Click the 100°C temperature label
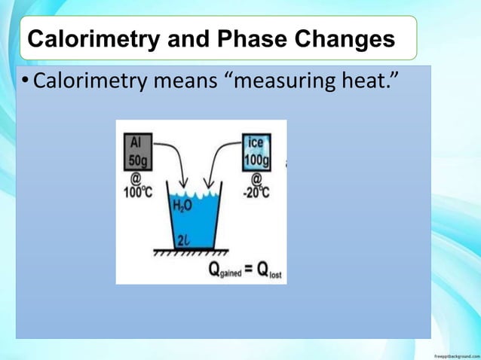click(138, 191)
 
